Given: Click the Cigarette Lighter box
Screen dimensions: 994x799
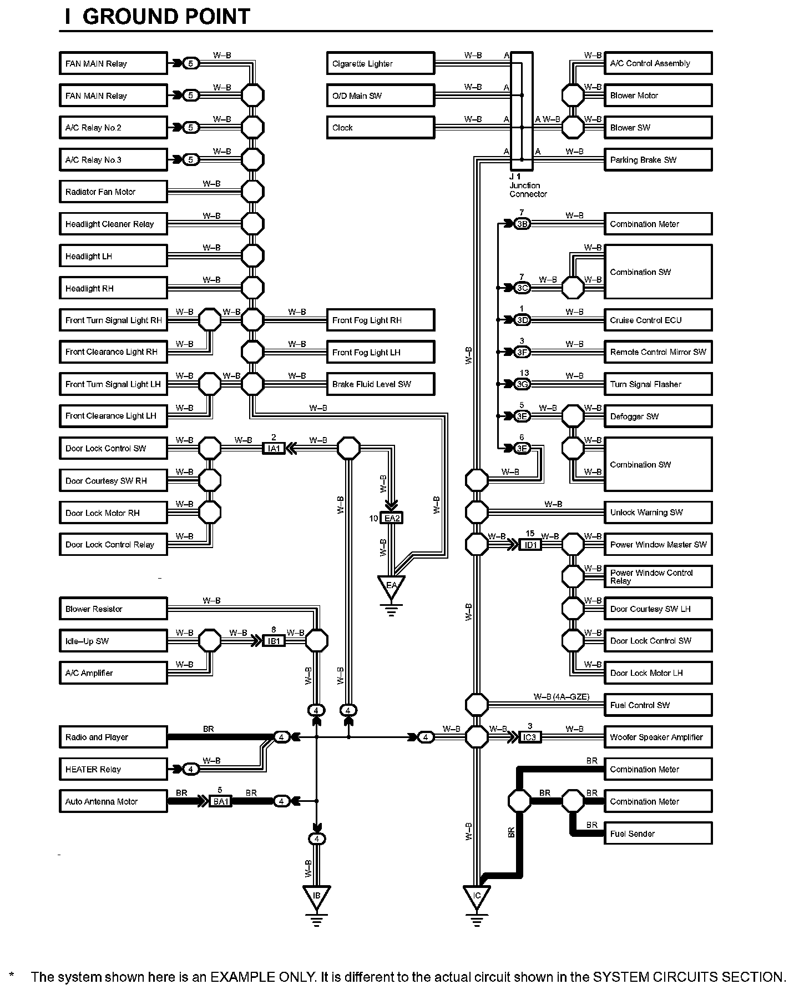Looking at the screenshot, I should pos(380,63).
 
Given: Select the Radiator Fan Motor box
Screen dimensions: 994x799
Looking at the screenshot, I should pos(113,192).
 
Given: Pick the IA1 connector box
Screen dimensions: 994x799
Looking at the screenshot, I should pos(274,448).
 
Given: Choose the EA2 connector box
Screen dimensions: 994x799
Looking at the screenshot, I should pos(392,518).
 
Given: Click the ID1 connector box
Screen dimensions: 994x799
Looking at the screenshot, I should pos(530,545).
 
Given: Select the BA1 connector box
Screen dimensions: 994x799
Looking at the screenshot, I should pos(220,801).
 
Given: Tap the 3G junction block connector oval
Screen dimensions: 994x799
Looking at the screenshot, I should pos(522,384).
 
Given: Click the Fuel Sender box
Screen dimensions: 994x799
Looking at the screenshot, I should pos(658,834).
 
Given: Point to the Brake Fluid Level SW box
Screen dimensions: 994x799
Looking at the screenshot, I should pos(380,384).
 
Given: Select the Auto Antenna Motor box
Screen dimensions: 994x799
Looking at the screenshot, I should pos(113,801).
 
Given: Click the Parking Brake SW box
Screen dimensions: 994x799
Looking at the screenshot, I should pos(658,160).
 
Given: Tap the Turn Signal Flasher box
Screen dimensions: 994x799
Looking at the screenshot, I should pos(658,384).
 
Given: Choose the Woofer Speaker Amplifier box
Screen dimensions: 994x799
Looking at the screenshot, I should pos(658,737).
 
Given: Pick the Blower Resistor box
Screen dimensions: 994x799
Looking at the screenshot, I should pos(113,609).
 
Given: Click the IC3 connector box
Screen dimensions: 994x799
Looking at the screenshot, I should pos(530,737).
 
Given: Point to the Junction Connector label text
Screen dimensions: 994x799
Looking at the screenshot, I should pos(528,189).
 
